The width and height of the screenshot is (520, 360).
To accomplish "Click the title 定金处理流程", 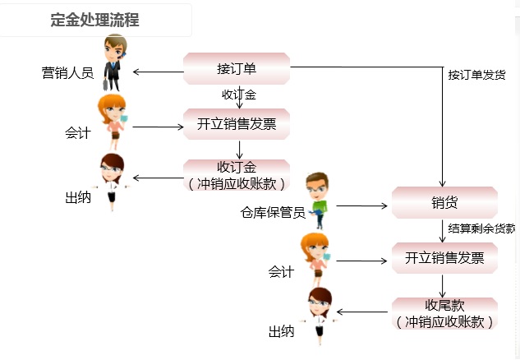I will (94, 21).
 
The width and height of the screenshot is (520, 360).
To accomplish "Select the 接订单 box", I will (237, 68).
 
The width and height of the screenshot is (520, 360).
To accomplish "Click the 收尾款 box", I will (444, 313).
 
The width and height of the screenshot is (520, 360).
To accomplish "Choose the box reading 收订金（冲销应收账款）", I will (237, 175).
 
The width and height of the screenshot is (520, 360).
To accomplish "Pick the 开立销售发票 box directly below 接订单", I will (237, 125).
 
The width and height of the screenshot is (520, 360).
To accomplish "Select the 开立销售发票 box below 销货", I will (444, 258).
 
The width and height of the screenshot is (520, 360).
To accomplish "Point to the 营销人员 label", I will (67, 72).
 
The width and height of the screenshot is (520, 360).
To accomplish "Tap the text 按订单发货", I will (476, 75).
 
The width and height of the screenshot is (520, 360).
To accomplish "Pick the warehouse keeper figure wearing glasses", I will (316, 201).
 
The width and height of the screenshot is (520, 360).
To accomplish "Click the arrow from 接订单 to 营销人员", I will (158, 72).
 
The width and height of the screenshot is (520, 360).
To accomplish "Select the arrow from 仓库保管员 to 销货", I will (361, 205).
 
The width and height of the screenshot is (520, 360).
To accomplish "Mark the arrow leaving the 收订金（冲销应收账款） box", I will (158, 178).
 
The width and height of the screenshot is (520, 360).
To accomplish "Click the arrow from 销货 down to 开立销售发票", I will (444, 231).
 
